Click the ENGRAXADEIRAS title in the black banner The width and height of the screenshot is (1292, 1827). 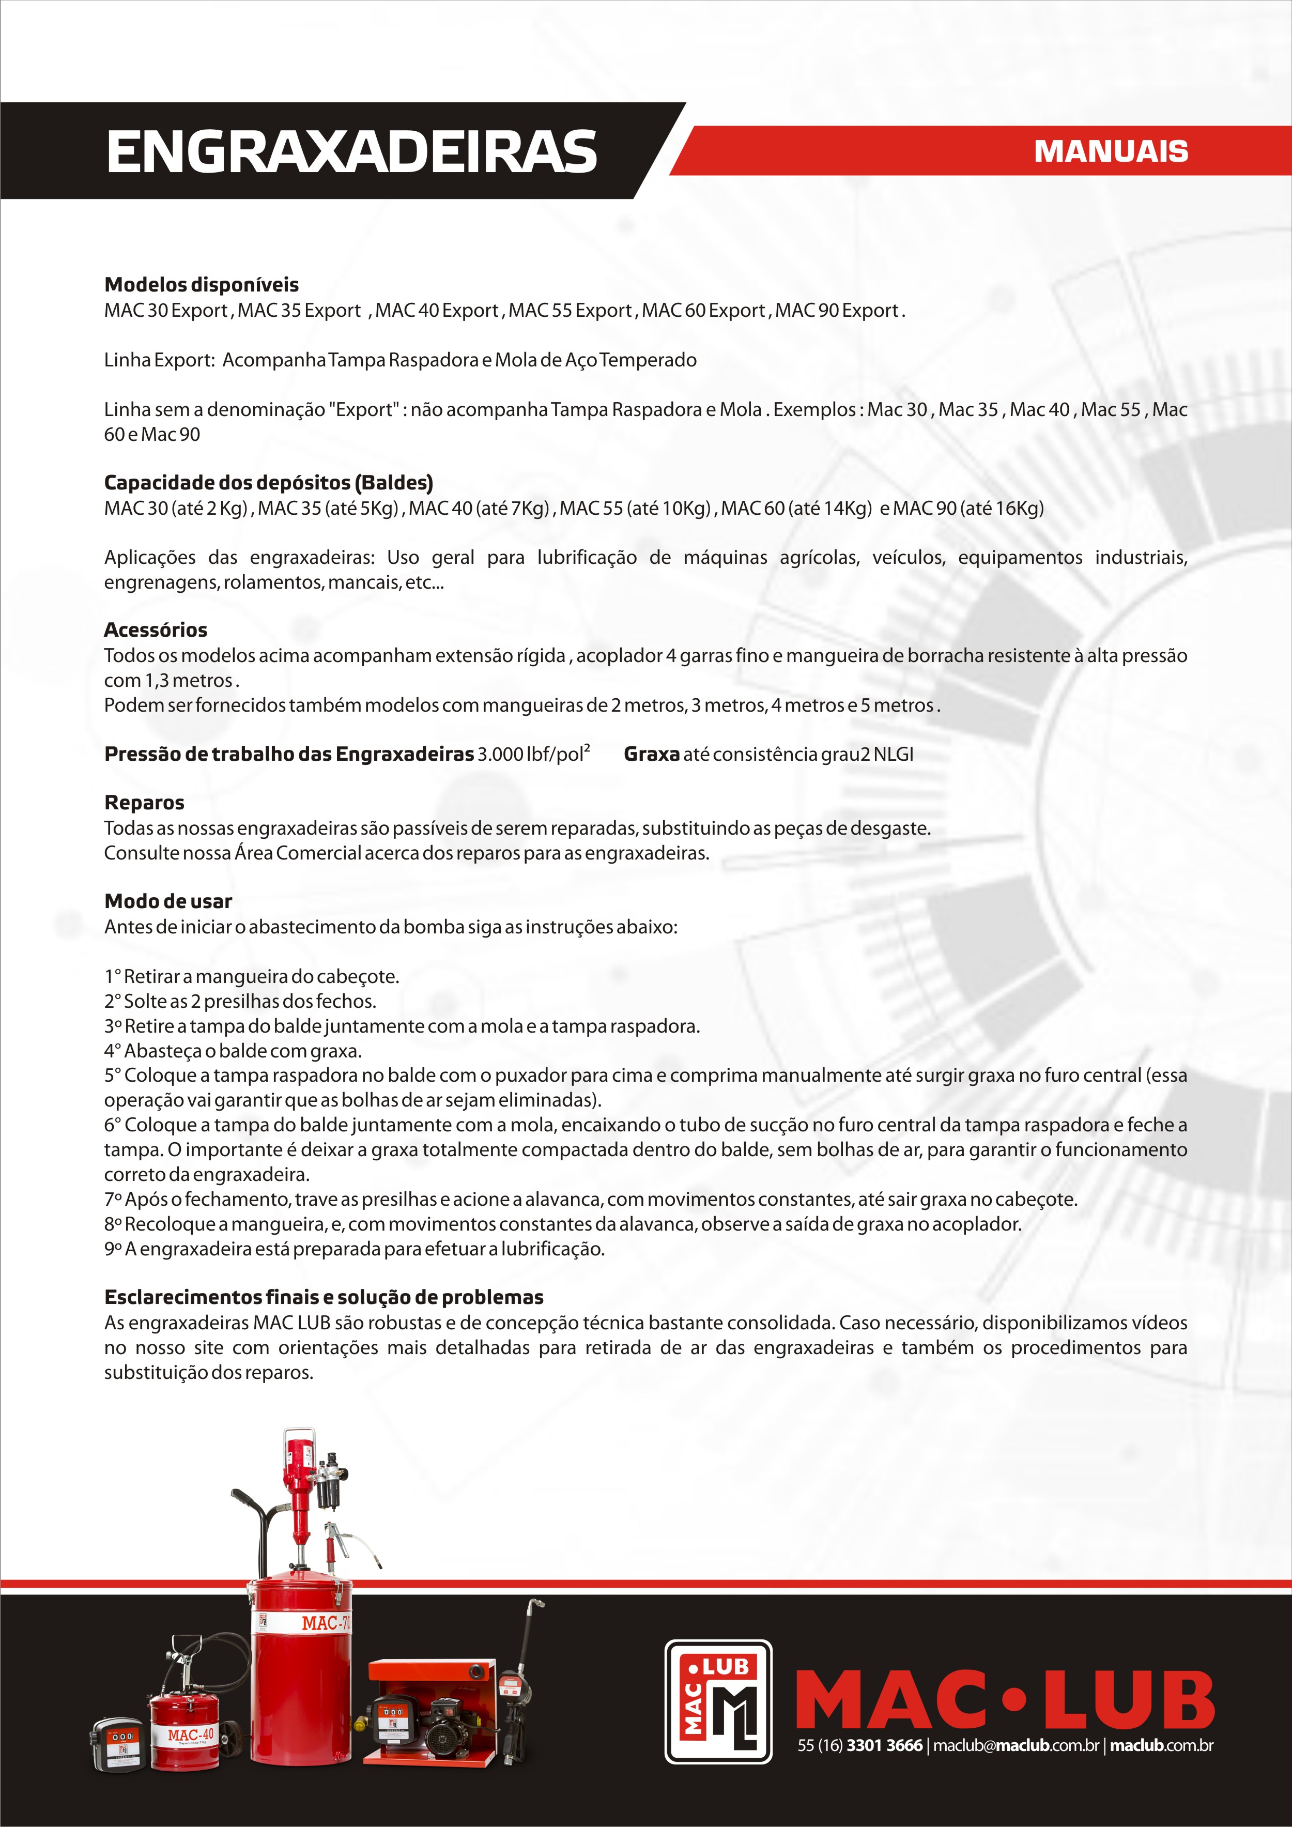(x=351, y=151)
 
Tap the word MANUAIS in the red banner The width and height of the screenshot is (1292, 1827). (x=1111, y=151)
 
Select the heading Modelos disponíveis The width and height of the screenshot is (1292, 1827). (x=201, y=285)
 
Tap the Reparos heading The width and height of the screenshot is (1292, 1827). (x=144, y=802)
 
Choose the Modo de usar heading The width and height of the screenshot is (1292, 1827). (x=168, y=901)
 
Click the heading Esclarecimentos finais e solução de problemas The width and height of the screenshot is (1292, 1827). (x=324, y=1297)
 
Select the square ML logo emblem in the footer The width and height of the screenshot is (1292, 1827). (x=718, y=1701)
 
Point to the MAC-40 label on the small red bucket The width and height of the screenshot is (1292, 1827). (x=190, y=1734)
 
